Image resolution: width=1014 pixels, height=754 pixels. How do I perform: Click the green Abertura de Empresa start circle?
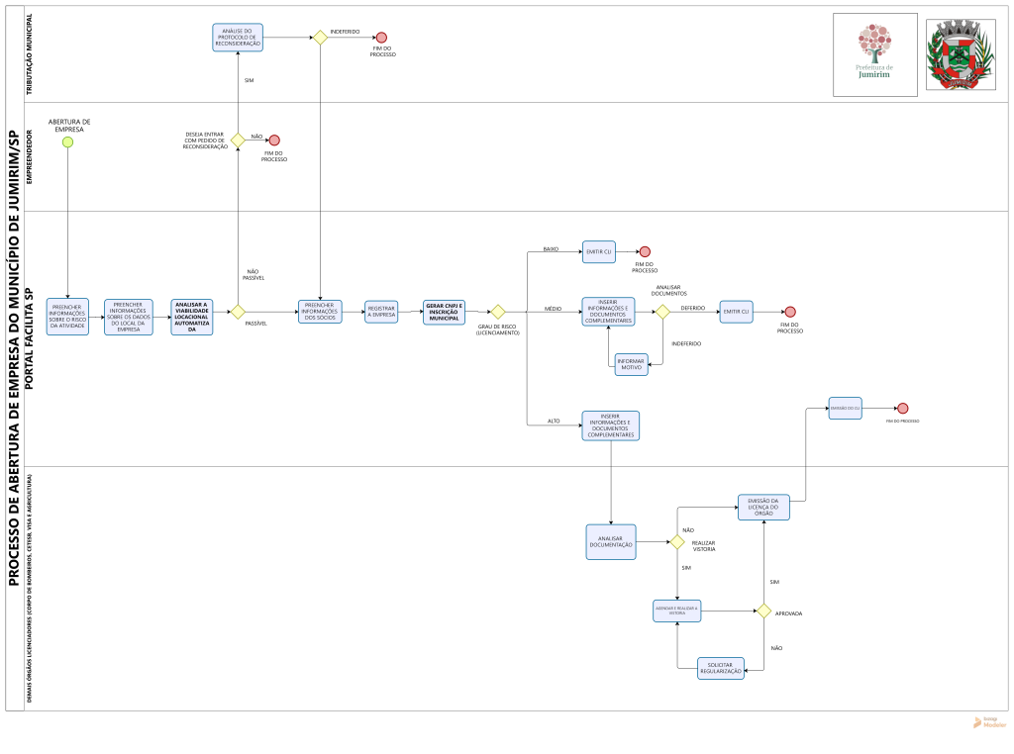(x=67, y=141)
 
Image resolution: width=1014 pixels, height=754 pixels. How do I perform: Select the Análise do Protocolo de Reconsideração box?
(x=238, y=38)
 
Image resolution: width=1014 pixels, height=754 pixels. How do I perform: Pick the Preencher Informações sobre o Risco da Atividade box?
(x=67, y=317)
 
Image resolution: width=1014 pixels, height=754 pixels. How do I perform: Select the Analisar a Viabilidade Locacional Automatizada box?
(x=191, y=317)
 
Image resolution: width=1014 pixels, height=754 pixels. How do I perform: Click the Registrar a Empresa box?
(x=381, y=312)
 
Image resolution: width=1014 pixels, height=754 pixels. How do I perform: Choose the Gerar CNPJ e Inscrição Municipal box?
(x=444, y=312)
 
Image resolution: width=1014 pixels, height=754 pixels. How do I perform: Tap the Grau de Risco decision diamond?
(x=498, y=312)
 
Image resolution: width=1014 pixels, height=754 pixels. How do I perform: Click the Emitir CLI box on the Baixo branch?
(x=599, y=251)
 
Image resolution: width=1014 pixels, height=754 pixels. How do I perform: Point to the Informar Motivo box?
(x=632, y=364)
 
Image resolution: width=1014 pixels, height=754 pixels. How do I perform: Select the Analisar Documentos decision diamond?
(x=662, y=312)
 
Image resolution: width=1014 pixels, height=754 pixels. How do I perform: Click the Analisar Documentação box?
(x=611, y=542)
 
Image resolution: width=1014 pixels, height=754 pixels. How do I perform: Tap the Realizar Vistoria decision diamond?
(x=677, y=542)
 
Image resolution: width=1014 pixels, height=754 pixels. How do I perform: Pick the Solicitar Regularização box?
(x=721, y=669)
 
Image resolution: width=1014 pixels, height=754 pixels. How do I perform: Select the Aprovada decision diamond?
(x=764, y=612)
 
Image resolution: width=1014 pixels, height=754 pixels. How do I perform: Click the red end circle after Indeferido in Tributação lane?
(x=381, y=38)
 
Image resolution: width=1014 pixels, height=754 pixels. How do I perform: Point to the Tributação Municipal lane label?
(x=29, y=54)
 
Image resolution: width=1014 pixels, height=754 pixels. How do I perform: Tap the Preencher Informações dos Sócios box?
(x=320, y=312)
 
